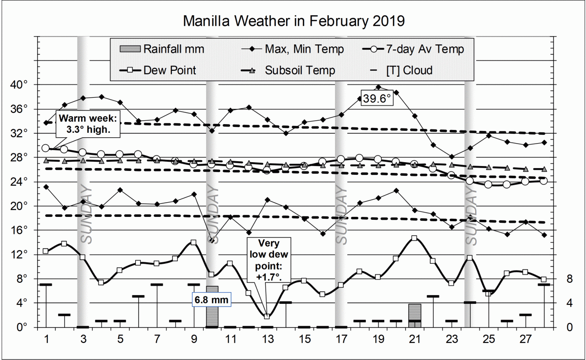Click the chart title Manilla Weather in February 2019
coord(293,21)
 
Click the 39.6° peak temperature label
coord(376,99)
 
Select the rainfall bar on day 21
coord(415,316)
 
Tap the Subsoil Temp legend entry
coord(288,70)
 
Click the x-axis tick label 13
coord(267,339)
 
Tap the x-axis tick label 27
coord(525,339)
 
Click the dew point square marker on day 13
coord(267,317)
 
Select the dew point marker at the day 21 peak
coord(414,238)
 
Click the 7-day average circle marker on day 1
coord(46,148)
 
